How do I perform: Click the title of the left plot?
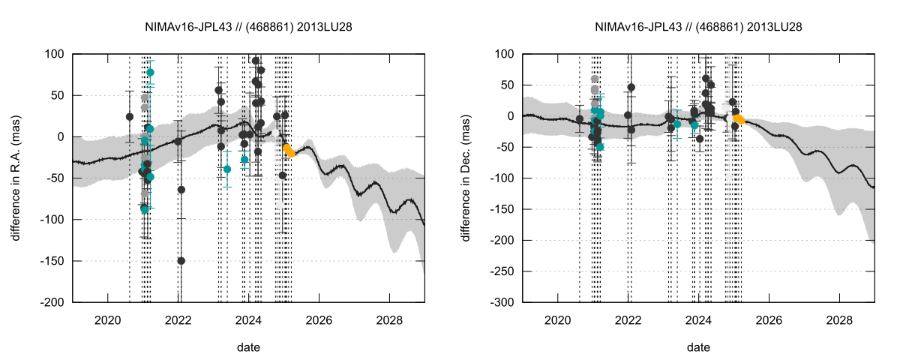(248, 26)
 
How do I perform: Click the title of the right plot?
(698, 26)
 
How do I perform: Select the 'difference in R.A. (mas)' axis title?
(16, 178)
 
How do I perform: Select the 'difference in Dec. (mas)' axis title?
(466, 178)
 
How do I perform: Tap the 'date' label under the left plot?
(248, 348)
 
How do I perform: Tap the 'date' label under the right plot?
(698, 348)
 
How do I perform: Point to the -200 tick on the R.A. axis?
(54, 302)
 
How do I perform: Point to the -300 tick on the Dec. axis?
(504, 302)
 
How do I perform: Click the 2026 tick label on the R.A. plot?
(319, 319)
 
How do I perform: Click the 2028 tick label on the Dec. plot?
(839, 319)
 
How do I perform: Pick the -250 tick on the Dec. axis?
(504, 271)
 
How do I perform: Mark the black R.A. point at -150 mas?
(181, 261)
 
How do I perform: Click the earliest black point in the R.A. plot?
(130, 117)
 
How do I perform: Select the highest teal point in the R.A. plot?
(150, 73)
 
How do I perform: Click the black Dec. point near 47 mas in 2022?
(631, 87)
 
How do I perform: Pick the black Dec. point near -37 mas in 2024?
(700, 139)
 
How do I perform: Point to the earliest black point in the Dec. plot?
(580, 118)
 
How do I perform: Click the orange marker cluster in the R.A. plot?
(290, 151)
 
